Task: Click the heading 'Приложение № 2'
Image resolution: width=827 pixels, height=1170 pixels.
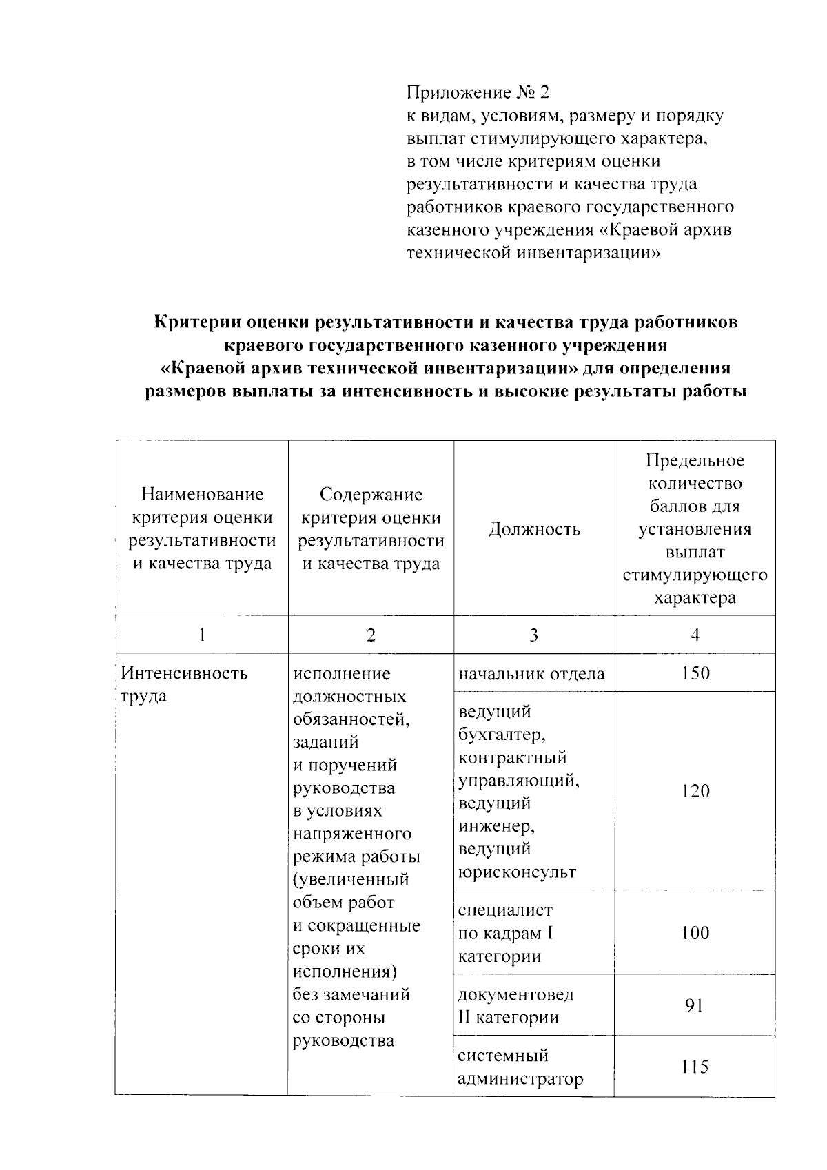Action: pos(479,92)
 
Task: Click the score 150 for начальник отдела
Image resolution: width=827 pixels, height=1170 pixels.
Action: pos(695,673)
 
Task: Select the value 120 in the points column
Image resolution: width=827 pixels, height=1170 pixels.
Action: pos(695,791)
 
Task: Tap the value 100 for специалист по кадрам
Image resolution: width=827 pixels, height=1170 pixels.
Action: pos(695,933)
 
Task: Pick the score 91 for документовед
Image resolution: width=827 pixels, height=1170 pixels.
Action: pos(694,1005)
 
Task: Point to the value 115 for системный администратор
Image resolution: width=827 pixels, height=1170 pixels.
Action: pos(695,1067)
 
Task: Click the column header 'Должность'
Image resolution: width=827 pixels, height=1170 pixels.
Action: pos(534,529)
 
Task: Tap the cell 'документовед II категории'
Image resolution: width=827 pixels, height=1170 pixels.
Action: pos(515,1006)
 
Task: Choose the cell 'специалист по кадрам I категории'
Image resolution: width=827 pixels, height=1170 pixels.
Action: pos(506,933)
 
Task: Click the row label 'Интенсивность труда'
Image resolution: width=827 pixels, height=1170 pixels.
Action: pos(184,684)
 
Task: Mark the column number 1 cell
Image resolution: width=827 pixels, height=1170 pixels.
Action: pos(201,635)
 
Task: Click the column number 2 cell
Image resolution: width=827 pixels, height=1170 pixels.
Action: pos(371,635)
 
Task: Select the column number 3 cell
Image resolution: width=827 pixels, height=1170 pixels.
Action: pos(533,635)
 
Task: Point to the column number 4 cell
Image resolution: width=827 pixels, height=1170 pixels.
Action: pos(695,635)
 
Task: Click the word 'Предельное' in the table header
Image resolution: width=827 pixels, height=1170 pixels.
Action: pos(695,460)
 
